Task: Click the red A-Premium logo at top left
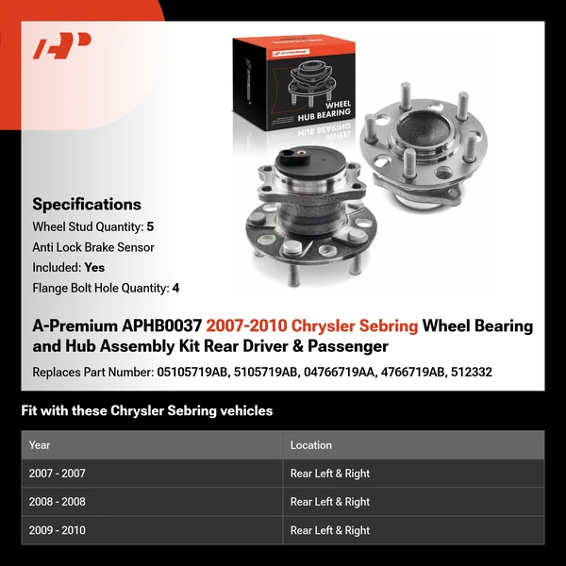point(62,46)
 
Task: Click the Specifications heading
point(87,204)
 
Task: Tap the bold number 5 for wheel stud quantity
point(150,226)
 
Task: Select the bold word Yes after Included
point(94,267)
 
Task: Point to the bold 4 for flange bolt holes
point(175,288)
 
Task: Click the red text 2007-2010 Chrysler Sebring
point(312,325)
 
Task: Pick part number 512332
point(472,372)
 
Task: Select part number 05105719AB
point(192,372)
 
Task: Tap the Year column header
point(40,445)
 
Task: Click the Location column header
point(311,445)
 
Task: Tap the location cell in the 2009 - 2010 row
point(330,530)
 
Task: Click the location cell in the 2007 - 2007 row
point(330,474)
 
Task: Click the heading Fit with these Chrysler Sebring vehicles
point(147,410)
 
